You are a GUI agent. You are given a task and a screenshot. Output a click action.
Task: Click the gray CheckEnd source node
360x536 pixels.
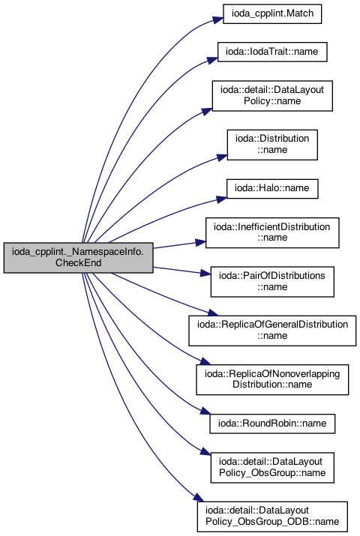point(78,258)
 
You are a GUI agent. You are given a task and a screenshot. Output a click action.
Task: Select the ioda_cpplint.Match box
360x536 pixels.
point(272,13)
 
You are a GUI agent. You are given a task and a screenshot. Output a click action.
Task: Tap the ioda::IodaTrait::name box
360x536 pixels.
point(272,52)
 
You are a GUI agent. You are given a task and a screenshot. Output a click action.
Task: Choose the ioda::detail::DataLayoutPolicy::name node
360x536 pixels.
point(272,96)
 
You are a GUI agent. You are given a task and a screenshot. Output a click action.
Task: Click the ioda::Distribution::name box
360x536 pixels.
point(272,145)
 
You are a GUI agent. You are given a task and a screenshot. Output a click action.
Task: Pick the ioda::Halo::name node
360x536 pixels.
point(272,188)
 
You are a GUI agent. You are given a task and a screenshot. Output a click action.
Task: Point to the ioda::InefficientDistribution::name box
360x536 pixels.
point(272,232)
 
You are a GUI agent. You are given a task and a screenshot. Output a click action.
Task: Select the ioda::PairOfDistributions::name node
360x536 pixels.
point(272,281)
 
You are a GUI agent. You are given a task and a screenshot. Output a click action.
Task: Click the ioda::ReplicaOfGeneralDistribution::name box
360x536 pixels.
point(272,330)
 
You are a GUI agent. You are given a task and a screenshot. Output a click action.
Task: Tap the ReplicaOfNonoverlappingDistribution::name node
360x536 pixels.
point(272,379)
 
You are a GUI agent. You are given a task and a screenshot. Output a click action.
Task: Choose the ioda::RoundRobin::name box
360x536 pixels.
point(272,424)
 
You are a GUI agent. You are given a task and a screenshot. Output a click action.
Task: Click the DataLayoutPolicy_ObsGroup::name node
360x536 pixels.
point(272,467)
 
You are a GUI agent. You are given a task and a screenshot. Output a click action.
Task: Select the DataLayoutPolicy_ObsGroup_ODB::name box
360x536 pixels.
point(272,517)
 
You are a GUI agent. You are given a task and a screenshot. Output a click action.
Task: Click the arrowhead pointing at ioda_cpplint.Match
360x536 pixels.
point(217,19)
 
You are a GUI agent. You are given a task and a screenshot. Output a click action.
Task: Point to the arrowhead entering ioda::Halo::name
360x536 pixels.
point(220,199)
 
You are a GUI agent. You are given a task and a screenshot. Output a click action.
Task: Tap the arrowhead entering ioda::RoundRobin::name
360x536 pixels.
point(205,412)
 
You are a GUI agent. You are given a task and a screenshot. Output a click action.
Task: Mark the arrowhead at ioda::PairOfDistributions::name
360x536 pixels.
point(205,273)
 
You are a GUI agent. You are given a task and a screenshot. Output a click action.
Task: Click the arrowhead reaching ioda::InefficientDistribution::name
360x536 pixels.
point(200,243)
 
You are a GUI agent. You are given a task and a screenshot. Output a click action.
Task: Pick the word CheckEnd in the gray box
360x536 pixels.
point(78,263)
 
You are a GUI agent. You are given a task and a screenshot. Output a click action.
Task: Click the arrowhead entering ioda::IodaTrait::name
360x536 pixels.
point(212,60)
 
